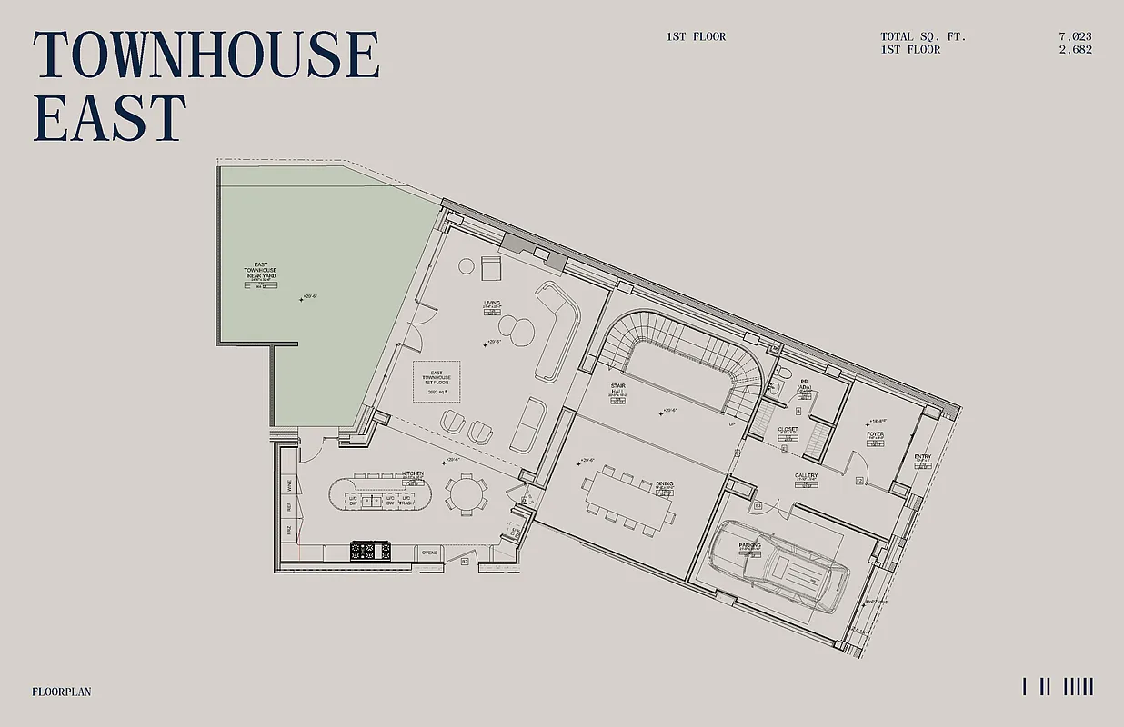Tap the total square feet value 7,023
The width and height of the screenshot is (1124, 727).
[x=1075, y=37]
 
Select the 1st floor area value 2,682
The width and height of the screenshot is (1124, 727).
[x=1075, y=50]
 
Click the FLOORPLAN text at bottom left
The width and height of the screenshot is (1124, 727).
[x=61, y=692]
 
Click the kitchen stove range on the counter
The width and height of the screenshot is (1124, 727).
[x=371, y=550]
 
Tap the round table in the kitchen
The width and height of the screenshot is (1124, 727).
[x=465, y=495]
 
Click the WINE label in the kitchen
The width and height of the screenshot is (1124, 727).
[x=289, y=484]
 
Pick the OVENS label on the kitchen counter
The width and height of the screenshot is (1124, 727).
[x=430, y=552]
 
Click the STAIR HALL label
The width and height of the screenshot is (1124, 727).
[x=618, y=390]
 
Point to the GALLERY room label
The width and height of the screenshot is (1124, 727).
[x=806, y=475]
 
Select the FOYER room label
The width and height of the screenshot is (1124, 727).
[x=875, y=434]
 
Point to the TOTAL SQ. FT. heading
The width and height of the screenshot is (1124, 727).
[x=923, y=37]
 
